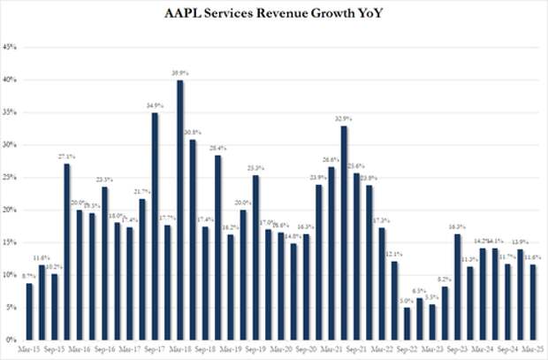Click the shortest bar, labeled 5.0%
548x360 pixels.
[x=407, y=324]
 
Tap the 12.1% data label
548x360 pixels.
[x=393, y=254]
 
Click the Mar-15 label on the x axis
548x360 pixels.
[x=28, y=349]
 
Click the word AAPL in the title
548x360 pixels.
[x=186, y=15]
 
